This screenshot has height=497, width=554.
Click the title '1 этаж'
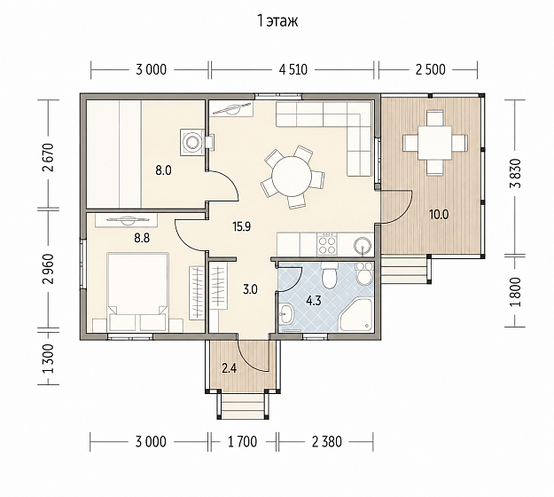point(277,21)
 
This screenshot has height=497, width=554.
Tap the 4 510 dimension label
point(293,70)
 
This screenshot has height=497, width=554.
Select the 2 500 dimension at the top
point(430,70)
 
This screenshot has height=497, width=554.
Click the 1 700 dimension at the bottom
point(242,441)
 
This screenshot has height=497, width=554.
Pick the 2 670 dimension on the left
point(48,157)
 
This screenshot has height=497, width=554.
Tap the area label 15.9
point(242,226)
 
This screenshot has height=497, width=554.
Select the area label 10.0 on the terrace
point(439,215)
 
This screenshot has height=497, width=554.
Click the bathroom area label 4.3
point(314,302)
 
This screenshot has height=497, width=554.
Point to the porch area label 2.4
point(230,368)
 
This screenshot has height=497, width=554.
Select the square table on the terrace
point(434,143)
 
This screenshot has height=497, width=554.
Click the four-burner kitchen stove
point(327,244)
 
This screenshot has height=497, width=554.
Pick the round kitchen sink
point(363,245)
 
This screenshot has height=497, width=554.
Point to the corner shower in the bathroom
point(357,315)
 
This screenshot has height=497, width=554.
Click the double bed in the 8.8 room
point(137,292)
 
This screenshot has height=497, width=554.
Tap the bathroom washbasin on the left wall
point(285,314)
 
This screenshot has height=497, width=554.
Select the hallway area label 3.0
point(250,290)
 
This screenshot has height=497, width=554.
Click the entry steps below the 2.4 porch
point(242,406)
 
